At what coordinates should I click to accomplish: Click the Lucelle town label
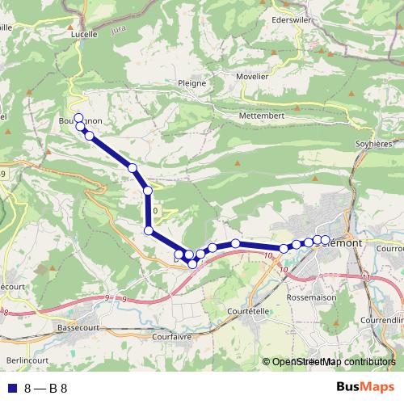pyautogui.click(x=83, y=35)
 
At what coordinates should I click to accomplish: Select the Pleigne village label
pyautogui.click(x=191, y=82)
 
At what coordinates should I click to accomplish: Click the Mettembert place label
pyautogui.click(x=262, y=116)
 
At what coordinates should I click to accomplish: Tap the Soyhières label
pyautogui.click(x=374, y=145)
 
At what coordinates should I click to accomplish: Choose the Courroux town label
pyautogui.click(x=389, y=248)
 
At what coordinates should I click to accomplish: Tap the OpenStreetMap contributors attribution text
pyautogui.click(x=335, y=362)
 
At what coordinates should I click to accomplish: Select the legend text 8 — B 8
pyautogui.click(x=46, y=388)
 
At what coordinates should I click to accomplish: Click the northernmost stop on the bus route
pyautogui.click(x=79, y=116)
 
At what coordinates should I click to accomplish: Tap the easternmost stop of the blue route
pyautogui.click(x=325, y=240)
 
